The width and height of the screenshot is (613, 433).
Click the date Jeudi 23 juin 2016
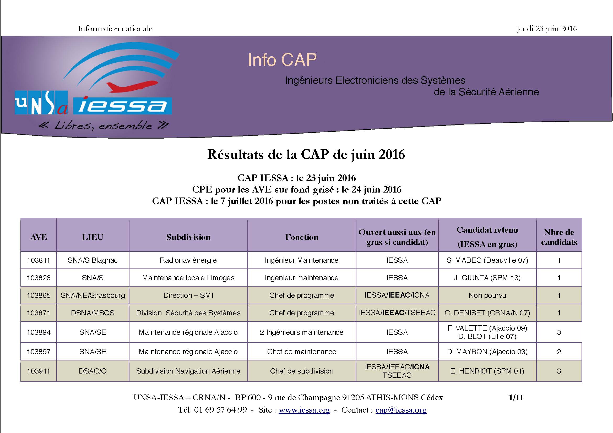[x=546, y=29]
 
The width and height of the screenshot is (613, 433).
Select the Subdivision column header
[x=188, y=237]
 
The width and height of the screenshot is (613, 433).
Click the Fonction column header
[x=302, y=237]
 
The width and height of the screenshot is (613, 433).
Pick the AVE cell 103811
[x=39, y=260]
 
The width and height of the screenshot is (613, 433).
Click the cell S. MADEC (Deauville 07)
[x=487, y=260]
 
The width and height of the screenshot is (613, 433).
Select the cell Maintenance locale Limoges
[x=188, y=278]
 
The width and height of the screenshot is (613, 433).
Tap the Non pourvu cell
[x=487, y=295]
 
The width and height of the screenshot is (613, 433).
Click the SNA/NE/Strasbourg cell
[x=93, y=295]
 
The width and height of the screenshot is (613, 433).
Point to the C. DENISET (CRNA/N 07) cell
[x=487, y=313]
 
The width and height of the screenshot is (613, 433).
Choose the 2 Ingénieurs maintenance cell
[x=302, y=332]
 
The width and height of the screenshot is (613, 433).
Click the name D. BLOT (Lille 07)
[x=487, y=337]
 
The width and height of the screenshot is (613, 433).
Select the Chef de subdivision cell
[x=302, y=371]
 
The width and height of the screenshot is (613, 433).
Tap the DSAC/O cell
[x=93, y=371]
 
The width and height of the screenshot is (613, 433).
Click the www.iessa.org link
[x=304, y=410]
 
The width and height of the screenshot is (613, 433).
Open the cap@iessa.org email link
[x=401, y=410]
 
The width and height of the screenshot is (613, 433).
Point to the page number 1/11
[x=516, y=398]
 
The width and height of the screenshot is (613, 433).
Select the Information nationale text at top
[x=115, y=29]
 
